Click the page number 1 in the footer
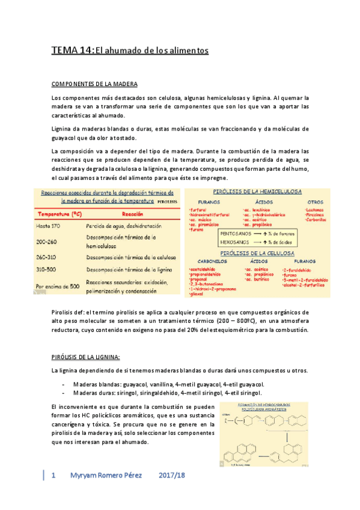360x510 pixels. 54,476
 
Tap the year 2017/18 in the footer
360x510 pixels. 171,476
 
